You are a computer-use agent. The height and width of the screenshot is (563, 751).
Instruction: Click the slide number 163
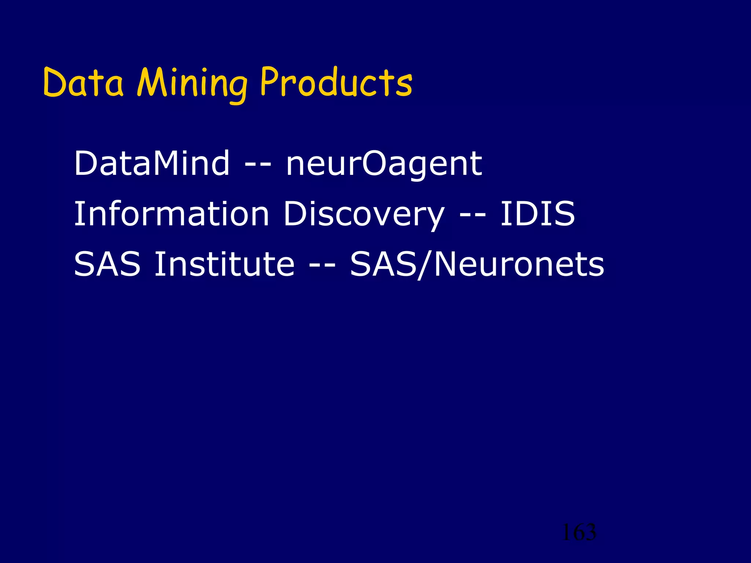579,532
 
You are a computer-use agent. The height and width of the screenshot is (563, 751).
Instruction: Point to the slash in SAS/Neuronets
425,265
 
